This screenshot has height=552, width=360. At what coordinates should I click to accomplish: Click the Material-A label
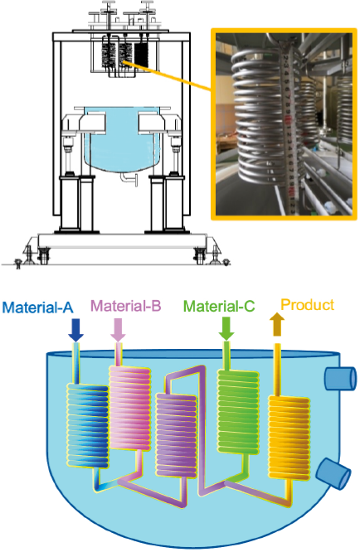(37, 307)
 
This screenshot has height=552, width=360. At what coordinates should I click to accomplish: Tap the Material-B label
(126, 306)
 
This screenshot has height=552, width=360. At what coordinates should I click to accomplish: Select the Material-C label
(219, 306)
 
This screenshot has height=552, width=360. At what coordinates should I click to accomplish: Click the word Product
(308, 304)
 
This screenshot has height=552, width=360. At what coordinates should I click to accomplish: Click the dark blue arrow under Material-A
(75, 330)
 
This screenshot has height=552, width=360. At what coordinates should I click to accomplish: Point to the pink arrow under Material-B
(118, 330)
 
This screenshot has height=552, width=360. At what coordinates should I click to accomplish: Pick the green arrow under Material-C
(226, 329)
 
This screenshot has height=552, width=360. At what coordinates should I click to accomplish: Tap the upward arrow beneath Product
(277, 325)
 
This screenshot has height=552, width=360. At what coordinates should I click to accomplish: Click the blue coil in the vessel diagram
(87, 426)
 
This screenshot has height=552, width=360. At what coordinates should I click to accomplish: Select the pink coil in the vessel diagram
(130, 409)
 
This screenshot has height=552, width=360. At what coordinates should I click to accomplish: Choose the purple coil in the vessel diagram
(176, 436)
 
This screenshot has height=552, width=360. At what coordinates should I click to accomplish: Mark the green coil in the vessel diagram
(238, 411)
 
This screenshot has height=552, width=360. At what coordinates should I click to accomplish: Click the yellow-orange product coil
(289, 438)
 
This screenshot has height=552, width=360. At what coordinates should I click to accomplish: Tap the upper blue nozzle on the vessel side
(340, 379)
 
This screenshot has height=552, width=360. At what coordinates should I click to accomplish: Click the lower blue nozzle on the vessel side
(333, 473)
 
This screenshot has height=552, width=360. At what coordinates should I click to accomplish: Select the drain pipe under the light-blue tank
(129, 178)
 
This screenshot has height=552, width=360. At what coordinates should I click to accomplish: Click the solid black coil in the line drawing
(141, 55)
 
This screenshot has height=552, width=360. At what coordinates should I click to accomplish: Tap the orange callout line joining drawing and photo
(168, 76)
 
